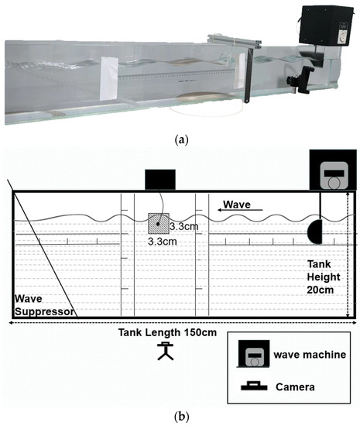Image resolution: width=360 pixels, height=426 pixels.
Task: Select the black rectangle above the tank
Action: tap(159, 177)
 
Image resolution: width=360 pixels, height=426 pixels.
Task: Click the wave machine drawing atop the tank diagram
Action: tap(330, 170)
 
